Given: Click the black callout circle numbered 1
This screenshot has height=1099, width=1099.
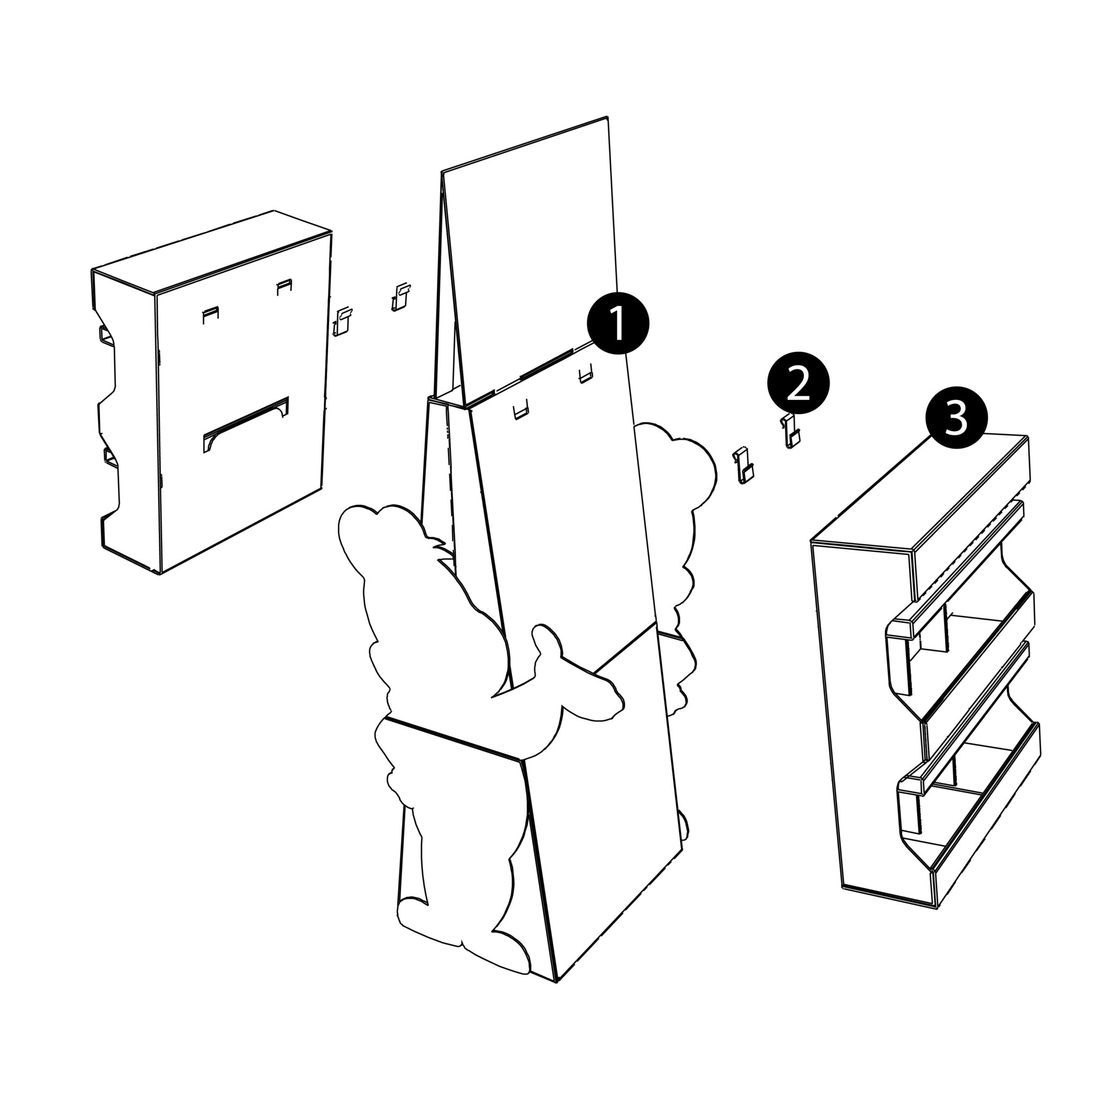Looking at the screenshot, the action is [618, 324].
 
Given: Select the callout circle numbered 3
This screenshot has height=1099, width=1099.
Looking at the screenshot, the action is [956, 417].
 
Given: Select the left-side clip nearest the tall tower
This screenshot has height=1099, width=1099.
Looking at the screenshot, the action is [401, 296].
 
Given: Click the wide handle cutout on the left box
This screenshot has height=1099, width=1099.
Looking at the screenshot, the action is [246, 424].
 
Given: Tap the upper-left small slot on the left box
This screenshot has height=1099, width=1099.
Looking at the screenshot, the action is [210, 314].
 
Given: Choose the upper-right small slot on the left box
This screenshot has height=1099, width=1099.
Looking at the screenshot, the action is [284, 287].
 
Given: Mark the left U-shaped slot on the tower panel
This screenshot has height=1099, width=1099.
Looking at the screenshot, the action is [522, 409].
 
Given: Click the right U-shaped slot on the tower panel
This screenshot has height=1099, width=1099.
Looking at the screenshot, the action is [586, 373].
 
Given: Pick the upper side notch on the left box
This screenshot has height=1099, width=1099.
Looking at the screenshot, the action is [107, 335].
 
